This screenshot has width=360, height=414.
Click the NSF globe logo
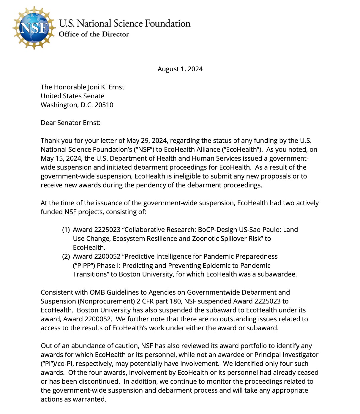tap(34, 28)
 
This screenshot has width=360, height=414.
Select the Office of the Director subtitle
tap(94, 34)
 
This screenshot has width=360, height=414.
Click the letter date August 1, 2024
tap(180, 69)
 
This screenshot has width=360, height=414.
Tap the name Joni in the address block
tap(86, 87)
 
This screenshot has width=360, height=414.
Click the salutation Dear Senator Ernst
tap(70, 123)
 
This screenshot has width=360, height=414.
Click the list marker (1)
tap(66, 230)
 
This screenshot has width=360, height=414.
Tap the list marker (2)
tap(66, 257)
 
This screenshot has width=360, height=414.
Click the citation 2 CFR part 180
tap(159, 301)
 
